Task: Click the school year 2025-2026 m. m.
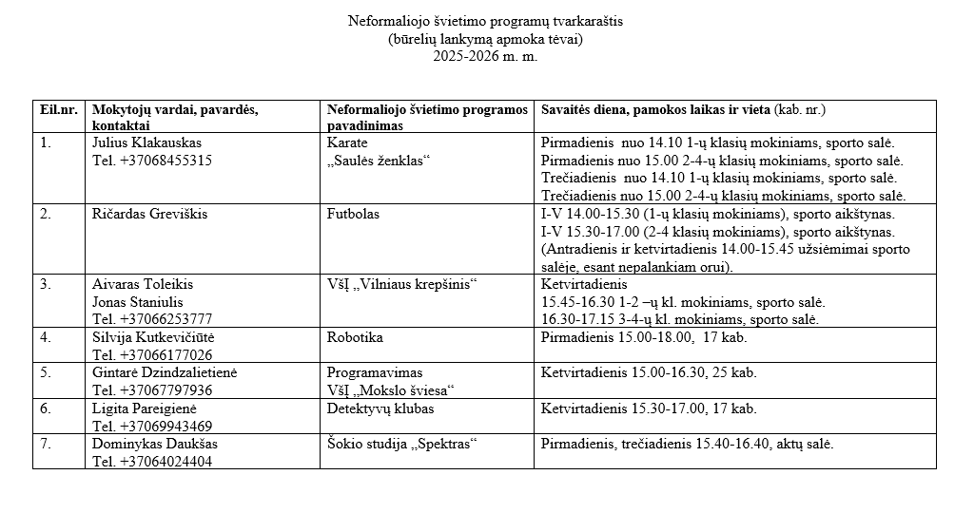coord(485,56)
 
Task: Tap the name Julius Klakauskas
coord(146,142)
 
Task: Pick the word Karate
coord(347,142)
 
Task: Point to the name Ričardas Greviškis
coord(149,214)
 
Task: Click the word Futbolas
coord(353,214)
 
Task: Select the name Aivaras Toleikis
coord(143,284)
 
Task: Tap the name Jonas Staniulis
coord(138,301)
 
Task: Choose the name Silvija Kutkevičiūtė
coord(153,337)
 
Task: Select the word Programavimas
coord(375,372)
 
